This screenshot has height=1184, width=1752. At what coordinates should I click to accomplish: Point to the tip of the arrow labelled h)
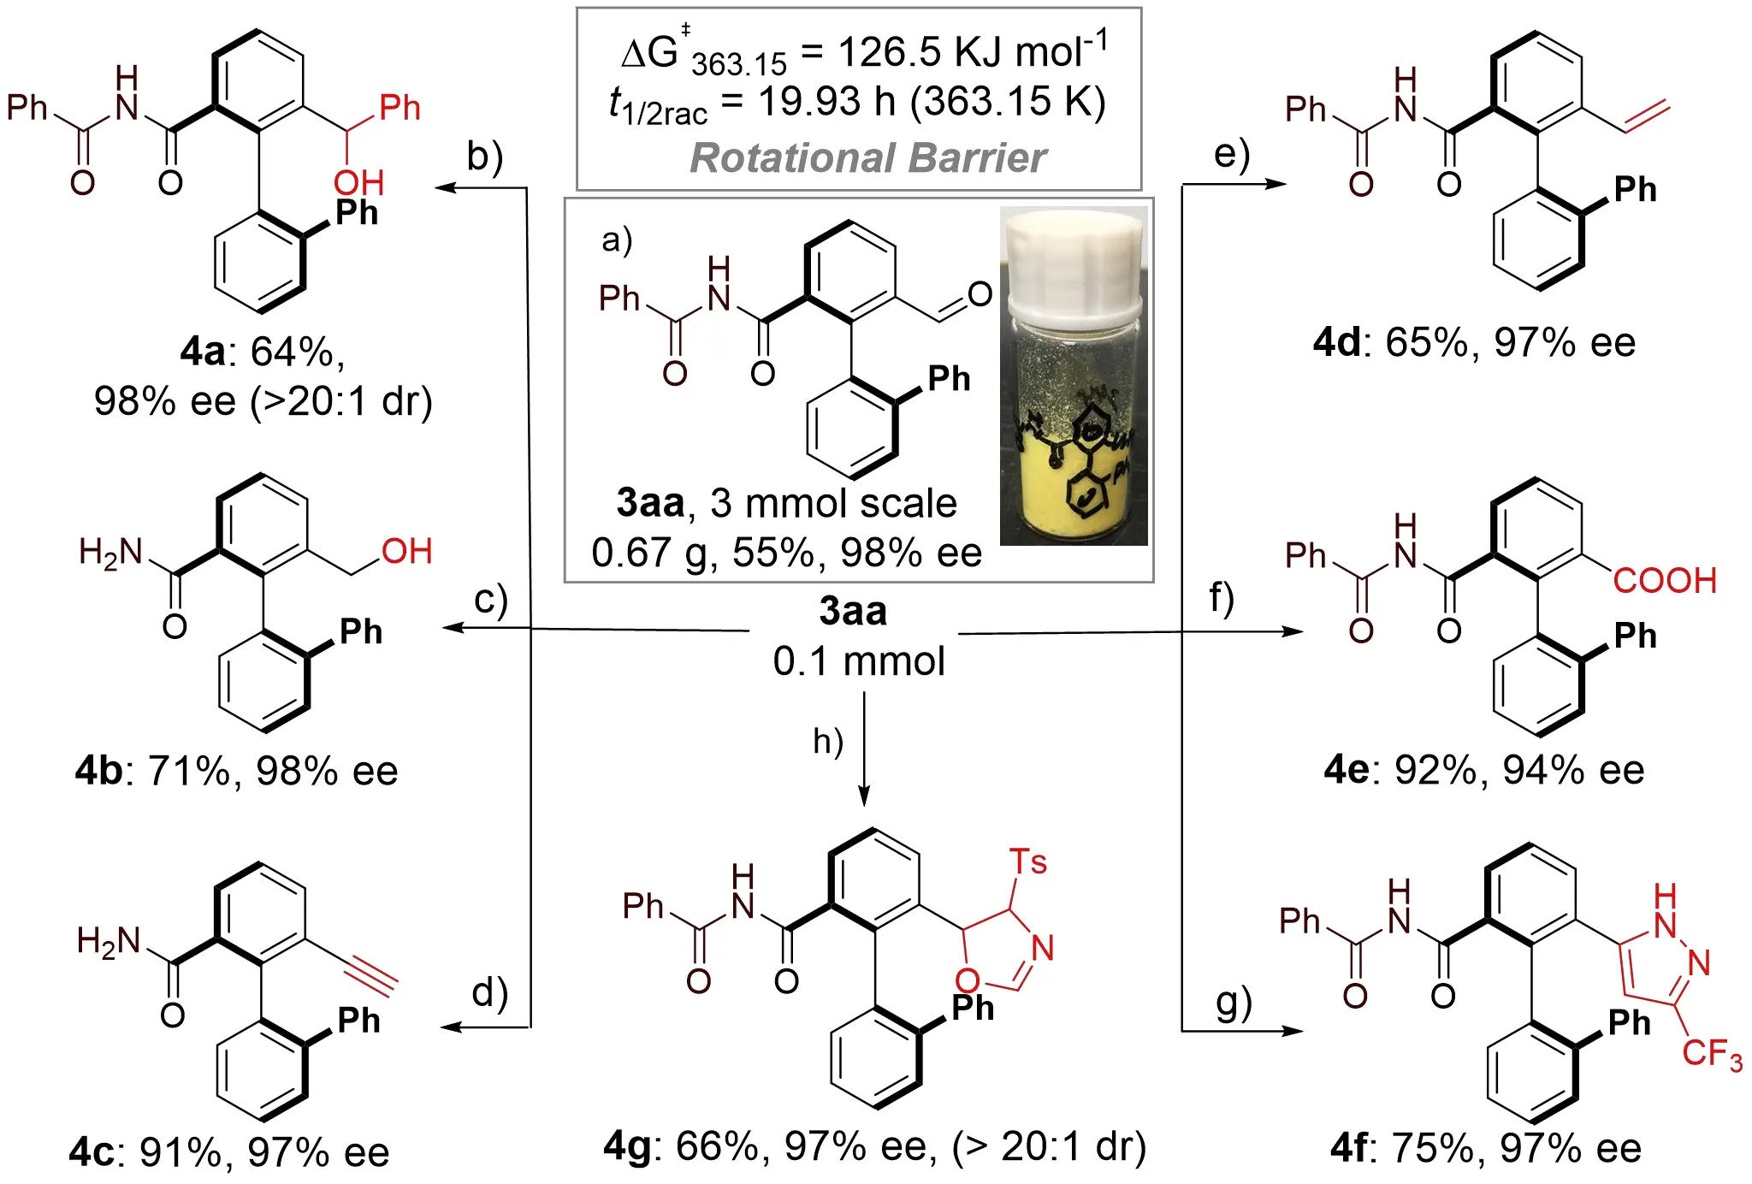click(864, 806)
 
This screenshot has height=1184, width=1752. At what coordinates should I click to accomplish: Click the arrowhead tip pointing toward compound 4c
click(441, 1027)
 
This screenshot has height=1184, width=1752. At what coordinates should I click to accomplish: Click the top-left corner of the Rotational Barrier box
click(577, 9)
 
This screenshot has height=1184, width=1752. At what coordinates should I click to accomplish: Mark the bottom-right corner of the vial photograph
click(1147, 545)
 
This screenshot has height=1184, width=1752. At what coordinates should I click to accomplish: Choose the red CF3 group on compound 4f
click(1712, 1054)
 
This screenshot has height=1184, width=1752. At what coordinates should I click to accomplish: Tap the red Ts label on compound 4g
click(1028, 862)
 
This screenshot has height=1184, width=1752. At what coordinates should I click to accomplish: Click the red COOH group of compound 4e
click(1665, 581)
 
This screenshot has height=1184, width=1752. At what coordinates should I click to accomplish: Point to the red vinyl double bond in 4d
click(1647, 117)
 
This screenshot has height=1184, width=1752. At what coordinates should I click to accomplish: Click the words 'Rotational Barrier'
click(868, 158)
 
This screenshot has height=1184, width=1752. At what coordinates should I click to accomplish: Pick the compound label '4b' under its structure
click(99, 772)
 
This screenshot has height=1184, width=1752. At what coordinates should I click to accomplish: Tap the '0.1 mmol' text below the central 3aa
click(859, 661)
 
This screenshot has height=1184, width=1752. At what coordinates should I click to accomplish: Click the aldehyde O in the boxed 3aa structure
click(980, 295)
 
